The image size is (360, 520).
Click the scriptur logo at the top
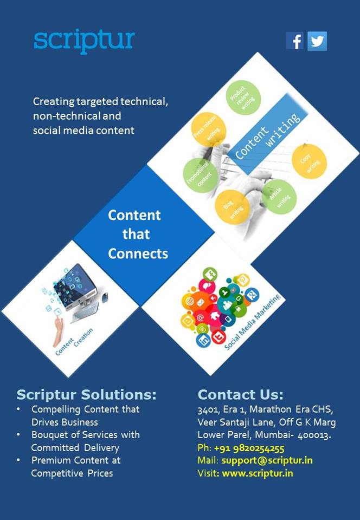(84, 41)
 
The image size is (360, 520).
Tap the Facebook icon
(295, 41)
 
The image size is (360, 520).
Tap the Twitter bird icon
(317, 41)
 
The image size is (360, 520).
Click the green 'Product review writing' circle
(243, 97)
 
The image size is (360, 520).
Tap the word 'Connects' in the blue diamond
(138, 253)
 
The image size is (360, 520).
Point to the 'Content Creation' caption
(75, 341)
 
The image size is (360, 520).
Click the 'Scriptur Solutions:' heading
(86, 394)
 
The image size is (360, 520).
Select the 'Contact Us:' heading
(240, 394)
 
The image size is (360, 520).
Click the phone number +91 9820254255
(249, 448)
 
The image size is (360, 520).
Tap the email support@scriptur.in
(267, 460)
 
